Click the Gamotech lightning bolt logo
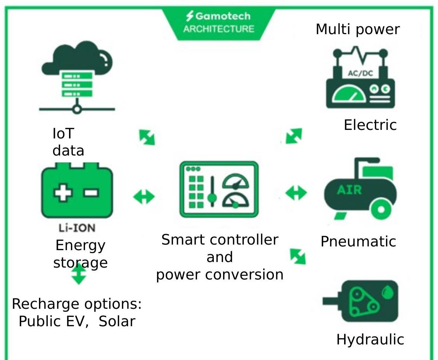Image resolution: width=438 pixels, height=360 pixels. [190, 16]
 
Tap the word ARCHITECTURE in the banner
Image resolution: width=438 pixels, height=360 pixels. [219, 29]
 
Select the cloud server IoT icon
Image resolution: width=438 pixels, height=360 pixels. [77, 77]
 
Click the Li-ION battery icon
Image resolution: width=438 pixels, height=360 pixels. [77, 190]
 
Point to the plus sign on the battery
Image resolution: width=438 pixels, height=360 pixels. [63, 192]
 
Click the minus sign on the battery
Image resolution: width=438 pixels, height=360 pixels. [92, 193]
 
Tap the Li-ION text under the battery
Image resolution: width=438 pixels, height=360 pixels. [77, 228]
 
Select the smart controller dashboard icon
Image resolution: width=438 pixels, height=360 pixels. [219, 189]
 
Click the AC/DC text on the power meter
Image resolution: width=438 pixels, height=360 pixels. [360, 73]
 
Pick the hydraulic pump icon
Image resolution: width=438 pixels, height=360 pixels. [360, 301]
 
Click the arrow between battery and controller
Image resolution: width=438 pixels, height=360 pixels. [144, 197]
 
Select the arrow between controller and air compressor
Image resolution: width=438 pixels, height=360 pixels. [296, 193]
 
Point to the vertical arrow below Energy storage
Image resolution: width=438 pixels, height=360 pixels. [79, 274]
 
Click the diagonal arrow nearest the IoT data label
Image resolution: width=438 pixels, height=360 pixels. [147, 137]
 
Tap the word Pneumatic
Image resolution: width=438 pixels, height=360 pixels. [359, 241]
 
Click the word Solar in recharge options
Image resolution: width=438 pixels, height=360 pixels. [117, 321]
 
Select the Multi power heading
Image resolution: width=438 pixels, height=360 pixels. [358, 29]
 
